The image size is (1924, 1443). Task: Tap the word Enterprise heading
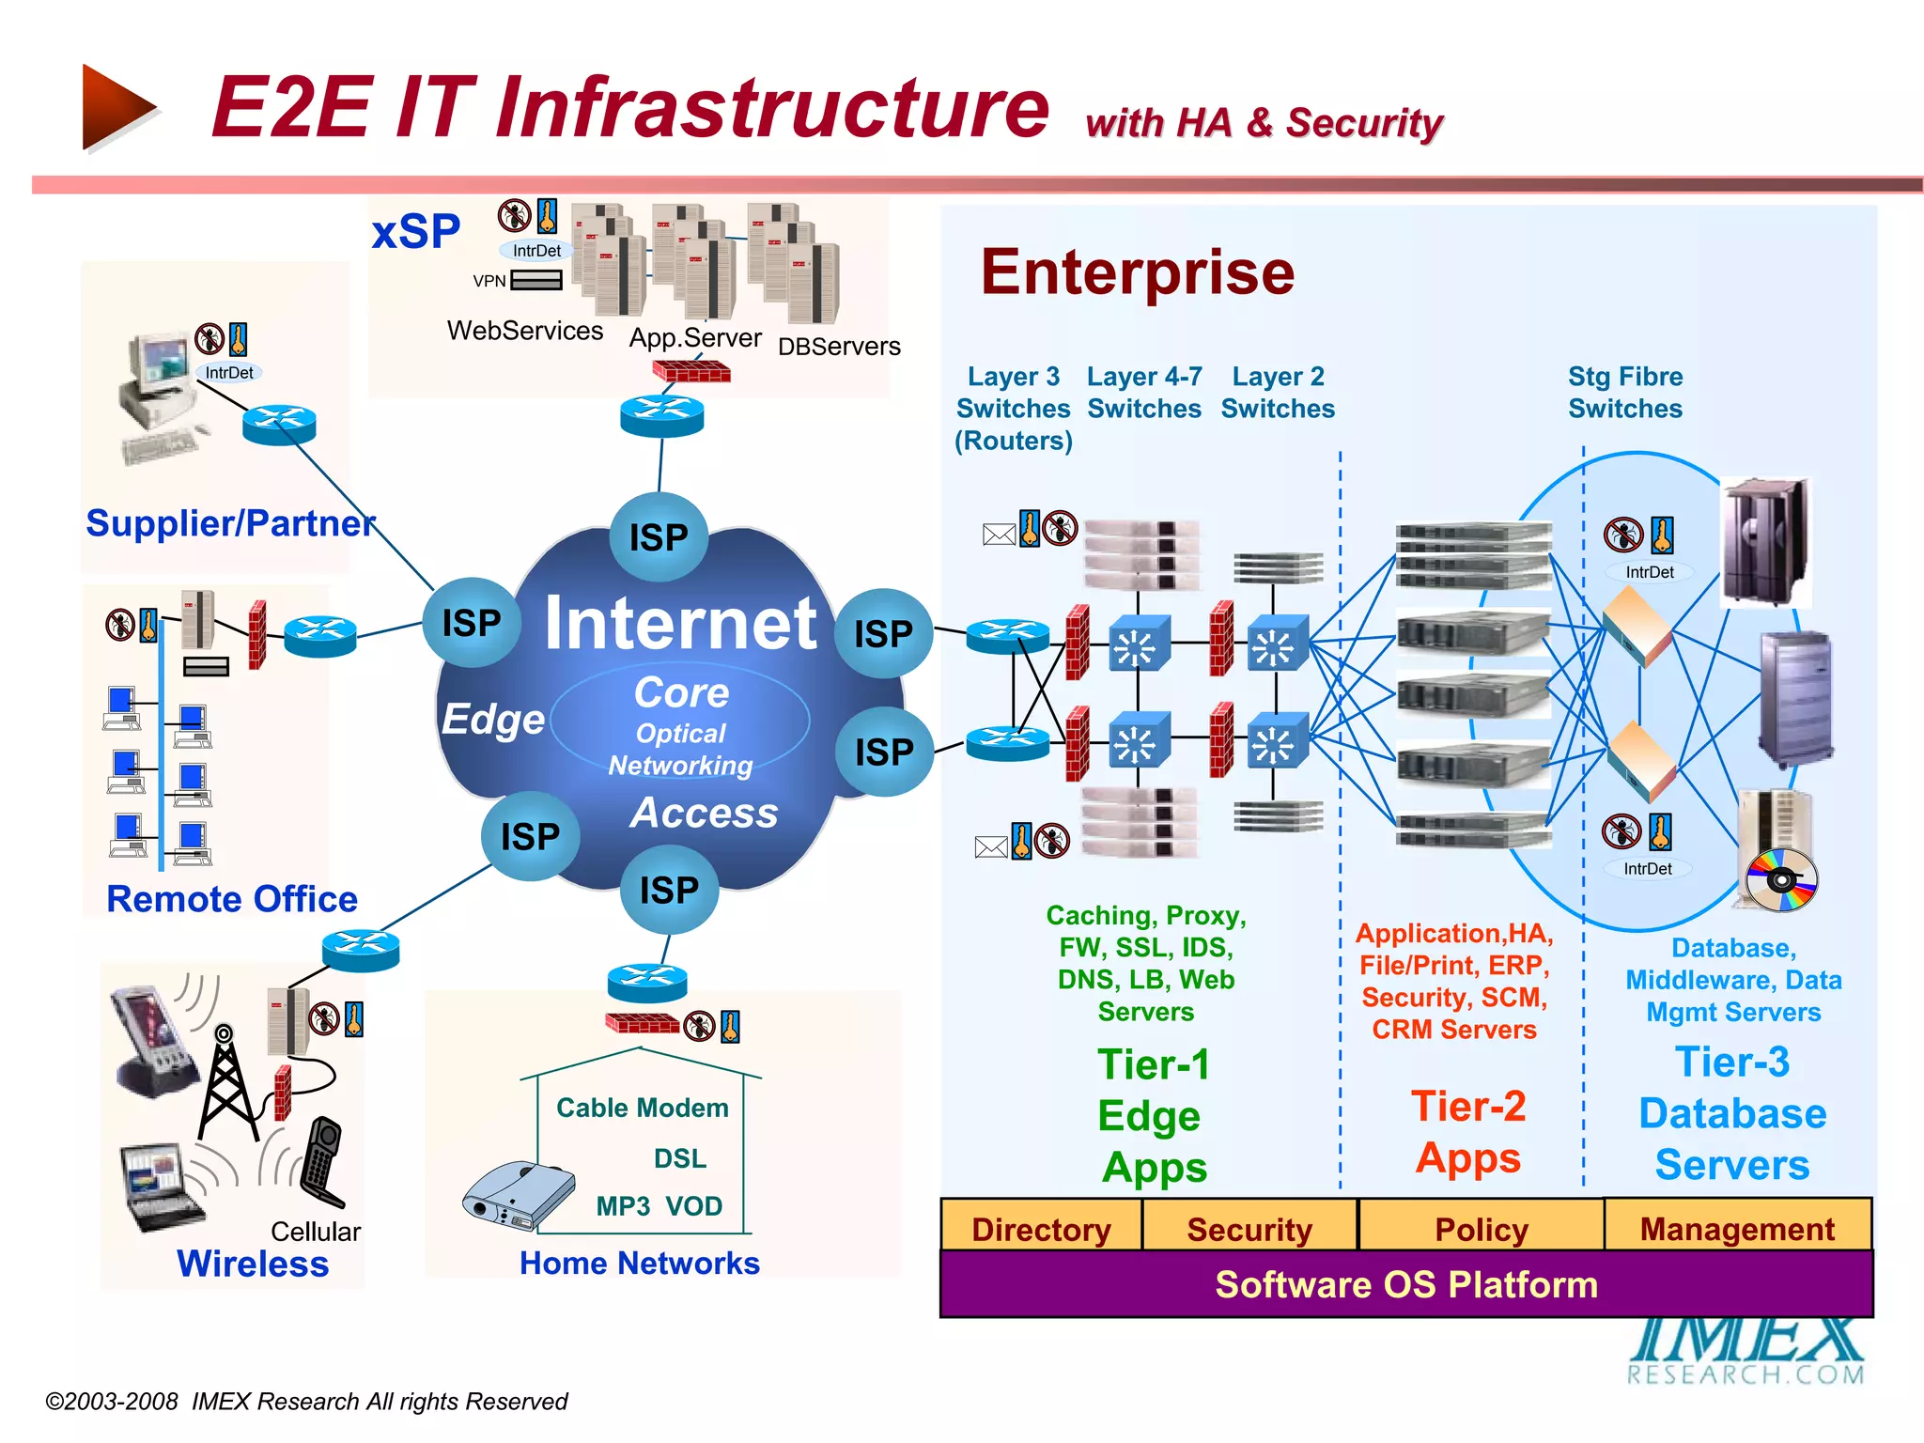pyautogui.click(x=1137, y=272)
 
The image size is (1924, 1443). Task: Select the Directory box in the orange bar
pyautogui.click(x=1041, y=1229)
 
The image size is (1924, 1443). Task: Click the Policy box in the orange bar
pyautogui.click(x=1481, y=1229)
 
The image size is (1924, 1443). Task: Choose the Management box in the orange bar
pyautogui.click(x=1737, y=1229)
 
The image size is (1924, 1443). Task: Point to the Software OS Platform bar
pyautogui.click(x=1405, y=1284)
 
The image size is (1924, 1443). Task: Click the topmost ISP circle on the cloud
pyautogui.click(x=659, y=537)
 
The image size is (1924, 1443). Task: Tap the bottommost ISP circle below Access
pyautogui.click(x=669, y=890)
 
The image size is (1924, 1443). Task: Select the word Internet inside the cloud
pyautogui.click(x=680, y=623)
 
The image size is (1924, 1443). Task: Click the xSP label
pyautogui.click(x=415, y=231)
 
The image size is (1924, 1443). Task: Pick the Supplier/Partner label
pyautogui.click(x=230, y=523)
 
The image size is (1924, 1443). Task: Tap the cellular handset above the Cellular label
pyautogui.click(x=321, y=1161)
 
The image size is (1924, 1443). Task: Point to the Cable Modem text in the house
pyautogui.click(x=642, y=1108)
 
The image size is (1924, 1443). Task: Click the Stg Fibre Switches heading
pyautogui.click(x=1624, y=393)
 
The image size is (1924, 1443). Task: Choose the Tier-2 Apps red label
pyautogui.click(x=1467, y=1132)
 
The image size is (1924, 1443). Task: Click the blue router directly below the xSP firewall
pyautogui.click(x=661, y=414)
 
